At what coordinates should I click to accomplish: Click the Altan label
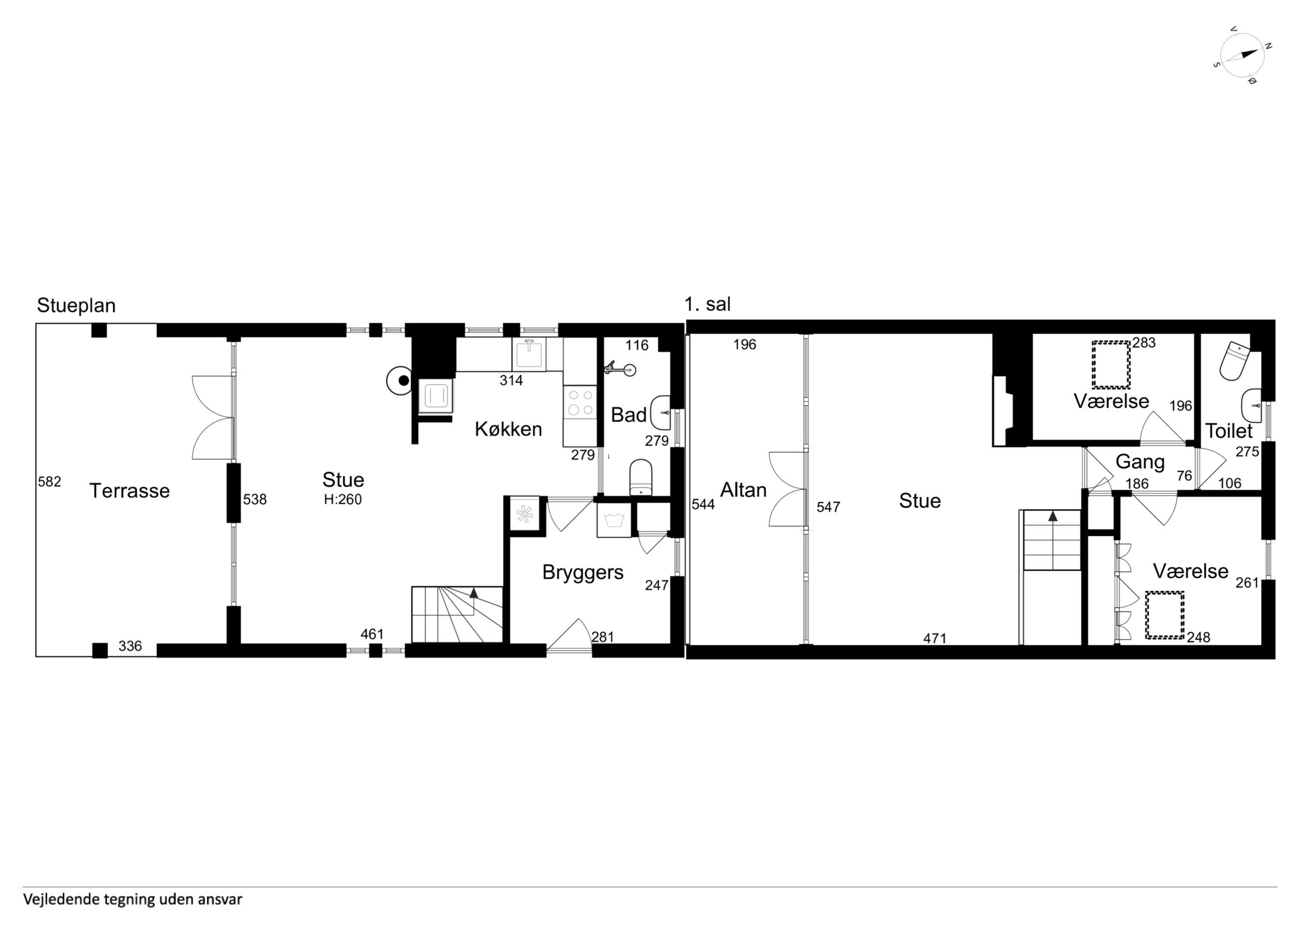[743, 490]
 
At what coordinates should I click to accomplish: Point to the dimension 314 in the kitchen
[511, 380]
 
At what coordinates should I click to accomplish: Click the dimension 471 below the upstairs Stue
[935, 638]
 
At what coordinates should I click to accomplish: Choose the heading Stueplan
[76, 306]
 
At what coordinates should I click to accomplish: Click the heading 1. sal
[708, 304]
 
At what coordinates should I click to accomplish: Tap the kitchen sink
[529, 354]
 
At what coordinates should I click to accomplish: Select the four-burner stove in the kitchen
[580, 402]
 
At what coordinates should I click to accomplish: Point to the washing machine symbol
[614, 520]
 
